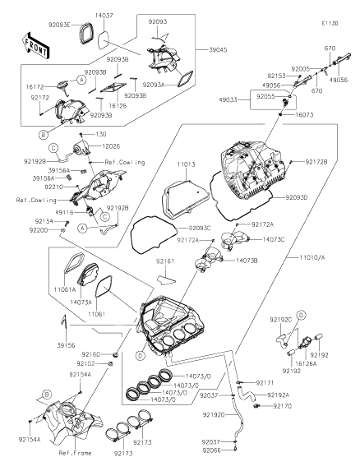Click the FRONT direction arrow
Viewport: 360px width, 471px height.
[x=35, y=45]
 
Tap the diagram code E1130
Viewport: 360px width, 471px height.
[x=330, y=23]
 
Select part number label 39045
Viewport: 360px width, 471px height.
[x=218, y=49]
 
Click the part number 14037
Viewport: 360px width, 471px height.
[x=104, y=16]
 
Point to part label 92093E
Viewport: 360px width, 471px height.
[x=59, y=25]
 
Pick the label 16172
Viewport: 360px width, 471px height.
[x=35, y=87]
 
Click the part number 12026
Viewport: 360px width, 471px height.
[x=111, y=146]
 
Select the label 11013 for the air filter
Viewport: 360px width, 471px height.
[x=186, y=164]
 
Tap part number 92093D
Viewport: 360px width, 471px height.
[x=297, y=197]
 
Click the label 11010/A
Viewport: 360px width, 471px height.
[x=312, y=257]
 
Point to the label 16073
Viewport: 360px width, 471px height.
[x=304, y=115]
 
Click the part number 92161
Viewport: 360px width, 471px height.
[x=165, y=261]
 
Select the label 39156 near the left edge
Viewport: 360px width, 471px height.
[x=66, y=345]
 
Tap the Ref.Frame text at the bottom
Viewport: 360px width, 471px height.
[x=75, y=453]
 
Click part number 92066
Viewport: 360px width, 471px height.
[x=211, y=450]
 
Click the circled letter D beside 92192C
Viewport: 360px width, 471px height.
[x=302, y=315]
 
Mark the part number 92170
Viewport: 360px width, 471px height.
[x=283, y=406]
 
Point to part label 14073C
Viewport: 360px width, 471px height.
[x=274, y=239]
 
